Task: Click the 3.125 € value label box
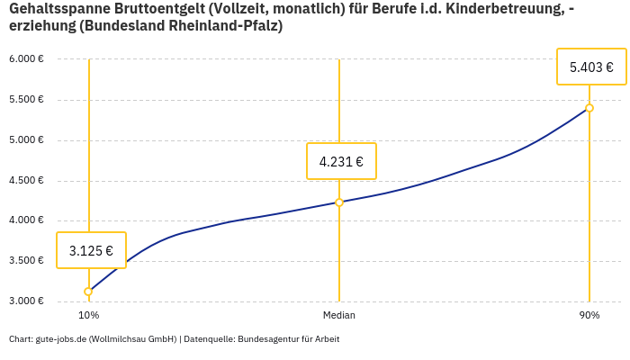[x=91, y=250]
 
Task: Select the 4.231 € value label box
[x=341, y=161]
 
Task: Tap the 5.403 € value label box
[x=591, y=67]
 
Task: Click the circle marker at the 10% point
[x=88, y=292]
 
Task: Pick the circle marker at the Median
[x=339, y=202]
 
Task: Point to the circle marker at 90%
[x=589, y=108]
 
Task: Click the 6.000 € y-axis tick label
[x=26, y=59]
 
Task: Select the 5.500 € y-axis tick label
[x=26, y=100]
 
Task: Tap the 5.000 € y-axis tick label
[x=26, y=140]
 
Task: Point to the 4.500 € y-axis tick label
[x=26, y=180]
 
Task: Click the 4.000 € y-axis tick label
[x=26, y=220]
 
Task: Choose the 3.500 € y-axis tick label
[x=26, y=261]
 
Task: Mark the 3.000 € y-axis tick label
[x=26, y=301]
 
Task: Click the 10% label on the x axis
[x=88, y=316]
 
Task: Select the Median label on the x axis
[x=339, y=316]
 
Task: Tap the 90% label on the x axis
[x=589, y=316]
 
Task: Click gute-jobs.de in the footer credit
[x=61, y=339]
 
